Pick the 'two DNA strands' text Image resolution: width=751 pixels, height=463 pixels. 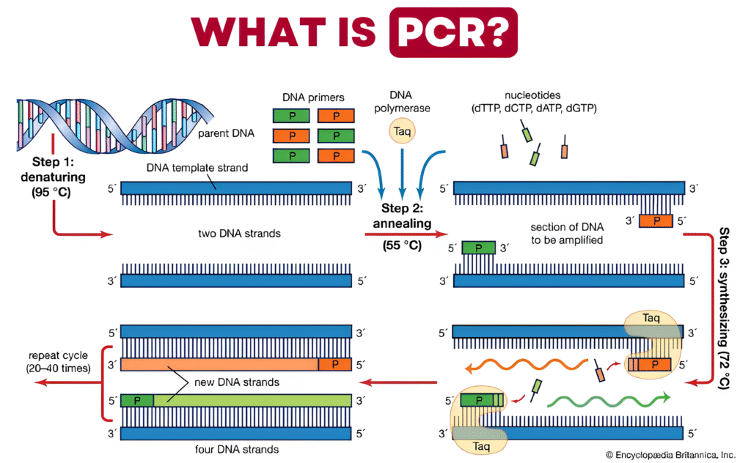click(x=230, y=234)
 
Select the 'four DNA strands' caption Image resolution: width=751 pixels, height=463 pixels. click(x=229, y=448)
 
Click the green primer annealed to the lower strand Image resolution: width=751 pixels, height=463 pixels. click(x=479, y=248)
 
